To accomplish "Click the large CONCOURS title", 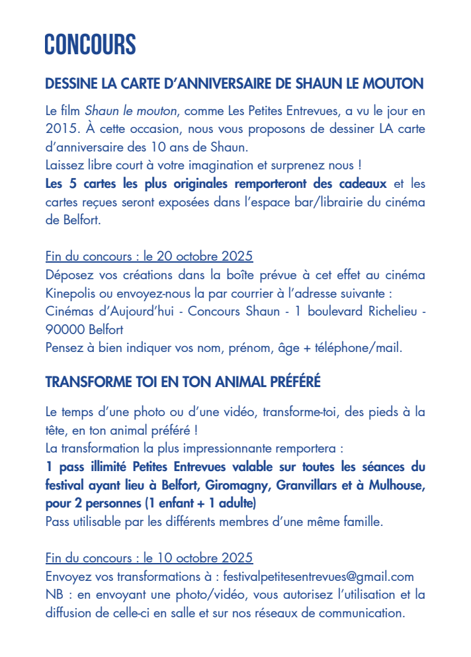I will point(90,45).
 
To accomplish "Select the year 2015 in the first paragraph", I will point(62,127).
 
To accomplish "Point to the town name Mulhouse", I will point(396,486).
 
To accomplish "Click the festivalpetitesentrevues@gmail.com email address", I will point(319,576).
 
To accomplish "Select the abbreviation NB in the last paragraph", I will point(54,594).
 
